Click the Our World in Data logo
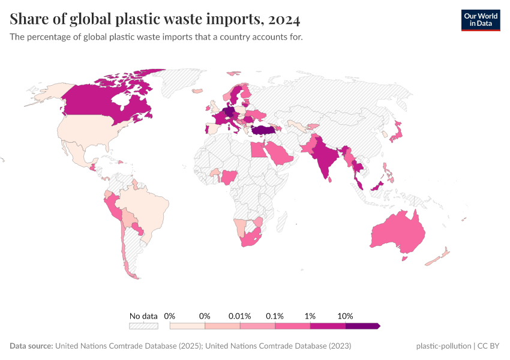[x=480, y=20]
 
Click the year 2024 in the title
[x=284, y=20]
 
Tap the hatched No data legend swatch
[x=143, y=326]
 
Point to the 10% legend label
[x=346, y=316]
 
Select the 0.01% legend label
[x=239, y=316]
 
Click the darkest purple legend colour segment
[x=362, y=326]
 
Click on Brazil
[x=147, y=207]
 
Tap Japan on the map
[x=397, y=136]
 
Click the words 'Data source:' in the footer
[x=31, y=346]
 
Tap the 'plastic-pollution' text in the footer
[x=443, y=346]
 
